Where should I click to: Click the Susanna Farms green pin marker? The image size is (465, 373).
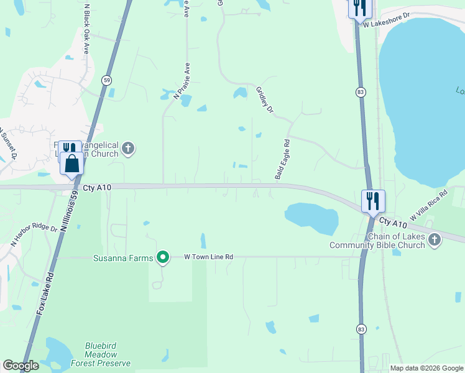163,256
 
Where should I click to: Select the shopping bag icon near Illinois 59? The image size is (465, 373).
72,164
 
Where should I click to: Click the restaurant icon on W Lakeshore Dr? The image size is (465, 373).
359,7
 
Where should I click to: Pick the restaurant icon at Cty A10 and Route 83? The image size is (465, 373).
373,201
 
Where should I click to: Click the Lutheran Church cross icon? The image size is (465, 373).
128,148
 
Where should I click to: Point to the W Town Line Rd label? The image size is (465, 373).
208,257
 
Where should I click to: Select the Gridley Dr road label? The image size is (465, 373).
265,100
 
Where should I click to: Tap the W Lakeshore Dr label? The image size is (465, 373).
387,20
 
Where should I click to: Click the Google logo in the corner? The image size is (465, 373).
21,366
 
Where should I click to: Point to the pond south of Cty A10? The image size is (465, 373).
311,218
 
